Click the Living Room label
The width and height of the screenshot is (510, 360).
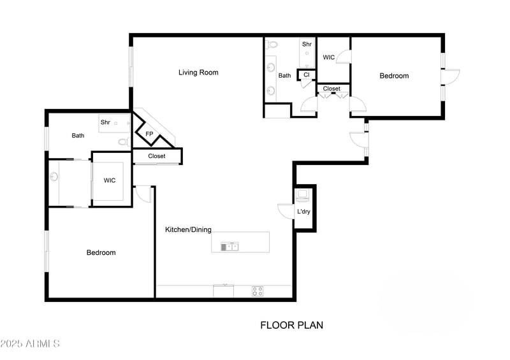pos(198,73)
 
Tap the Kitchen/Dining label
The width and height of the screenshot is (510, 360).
pos(188,229)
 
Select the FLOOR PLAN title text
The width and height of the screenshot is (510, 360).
pos(291,325)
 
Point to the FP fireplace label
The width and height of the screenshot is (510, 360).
pos(149,134)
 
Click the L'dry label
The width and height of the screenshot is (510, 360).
pos(303,212)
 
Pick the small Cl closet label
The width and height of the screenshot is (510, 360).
pos(306,75)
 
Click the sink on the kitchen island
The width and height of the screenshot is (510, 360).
pos(229,247)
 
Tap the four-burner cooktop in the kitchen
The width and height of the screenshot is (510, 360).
pos(258,291)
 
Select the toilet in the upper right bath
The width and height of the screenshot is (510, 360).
pos(272,45)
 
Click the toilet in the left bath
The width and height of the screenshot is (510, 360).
pos(124,141)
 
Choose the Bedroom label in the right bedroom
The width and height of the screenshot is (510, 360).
pos(394,76)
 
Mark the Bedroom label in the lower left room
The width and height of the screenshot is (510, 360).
pos(101,253)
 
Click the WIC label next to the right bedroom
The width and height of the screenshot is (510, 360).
pos(329,57)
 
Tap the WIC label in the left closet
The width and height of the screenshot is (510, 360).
pos(110,180)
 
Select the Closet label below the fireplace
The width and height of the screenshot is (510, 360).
pos(157,156)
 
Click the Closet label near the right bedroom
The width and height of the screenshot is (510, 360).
pos(331,89)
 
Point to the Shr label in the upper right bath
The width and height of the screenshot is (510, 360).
pos(307,44)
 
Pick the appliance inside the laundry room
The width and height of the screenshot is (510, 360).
pos(303,194)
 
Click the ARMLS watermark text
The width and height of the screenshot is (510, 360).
pos(30,344)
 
